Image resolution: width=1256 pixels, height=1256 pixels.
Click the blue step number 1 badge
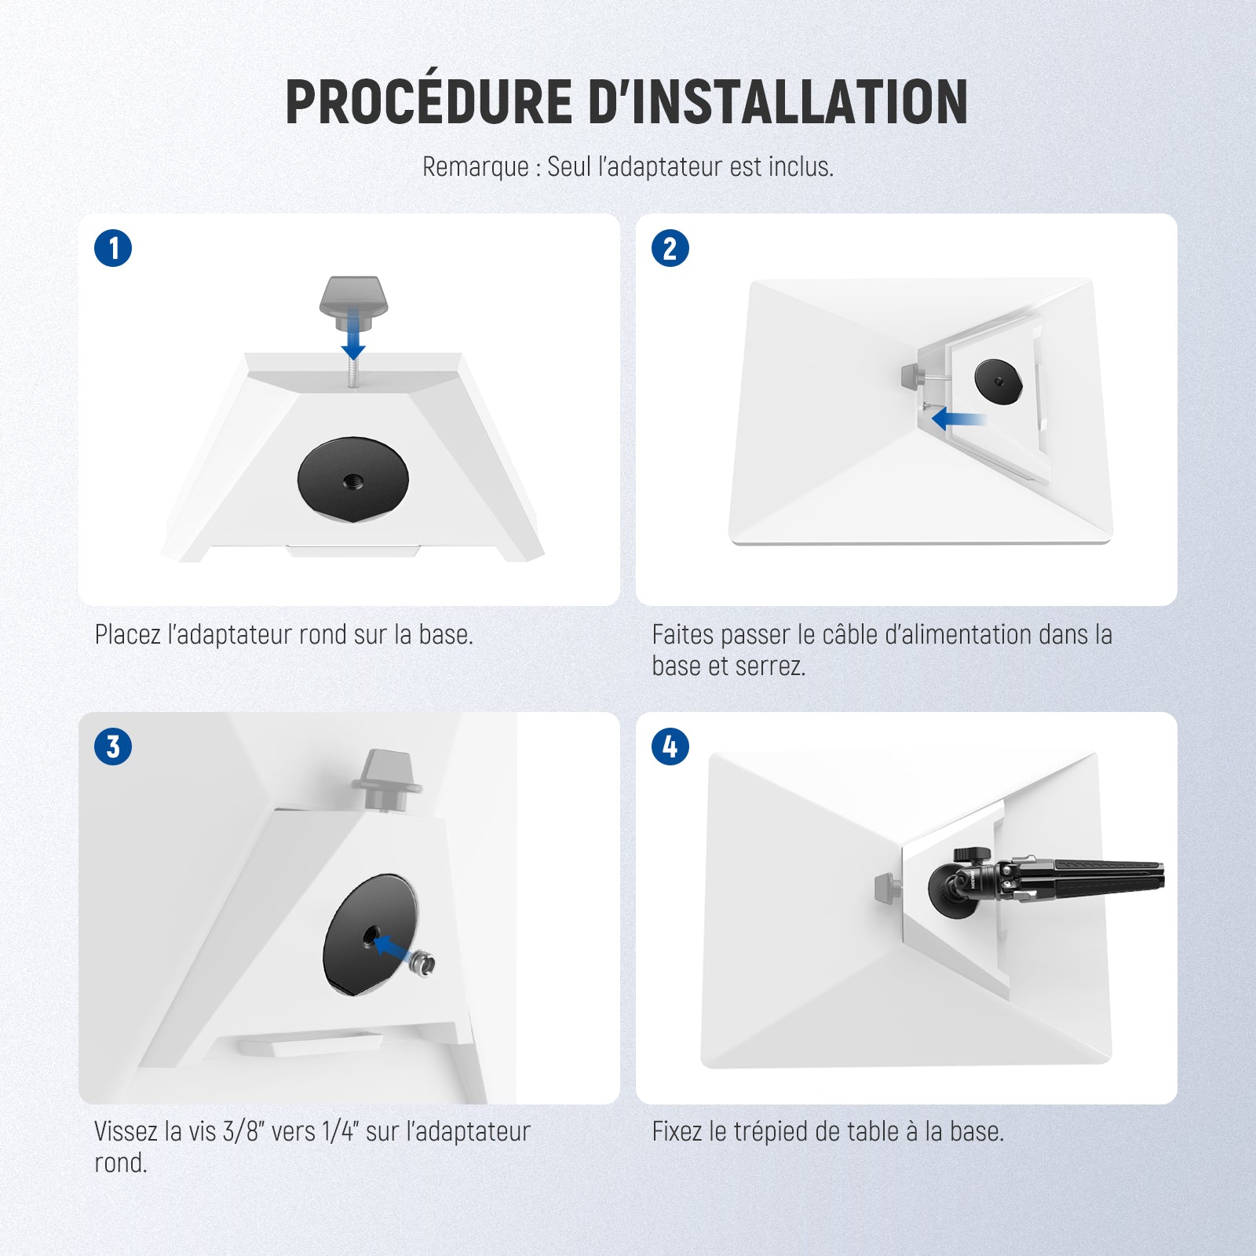coord(113,248)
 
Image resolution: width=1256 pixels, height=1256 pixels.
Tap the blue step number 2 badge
coord(670,248)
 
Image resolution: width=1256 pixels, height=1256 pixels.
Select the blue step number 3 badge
coord(113,747)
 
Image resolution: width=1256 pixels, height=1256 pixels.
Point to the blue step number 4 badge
coord(670,747)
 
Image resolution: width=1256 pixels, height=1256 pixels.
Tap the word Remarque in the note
coord(475,166)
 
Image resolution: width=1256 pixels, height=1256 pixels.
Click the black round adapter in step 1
coord(353,478)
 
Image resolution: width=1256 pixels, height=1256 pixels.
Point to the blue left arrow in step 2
coord(958,420)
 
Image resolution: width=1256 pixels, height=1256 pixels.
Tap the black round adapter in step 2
coord(999,379)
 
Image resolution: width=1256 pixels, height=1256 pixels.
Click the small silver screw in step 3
coord(422,963)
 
